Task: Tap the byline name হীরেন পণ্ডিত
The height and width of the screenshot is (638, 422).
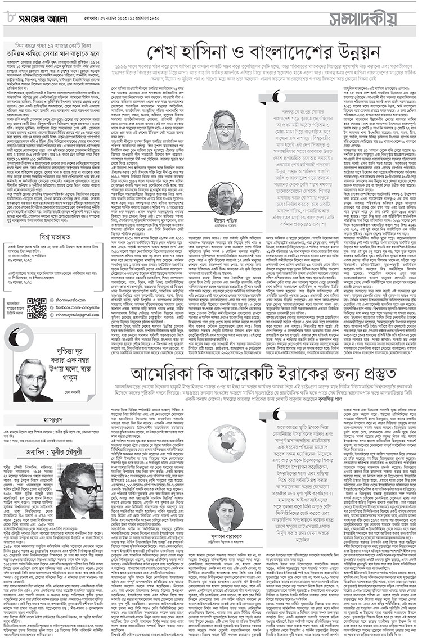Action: pos(225,221)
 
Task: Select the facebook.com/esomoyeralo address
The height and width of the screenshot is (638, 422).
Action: pos(82,309)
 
